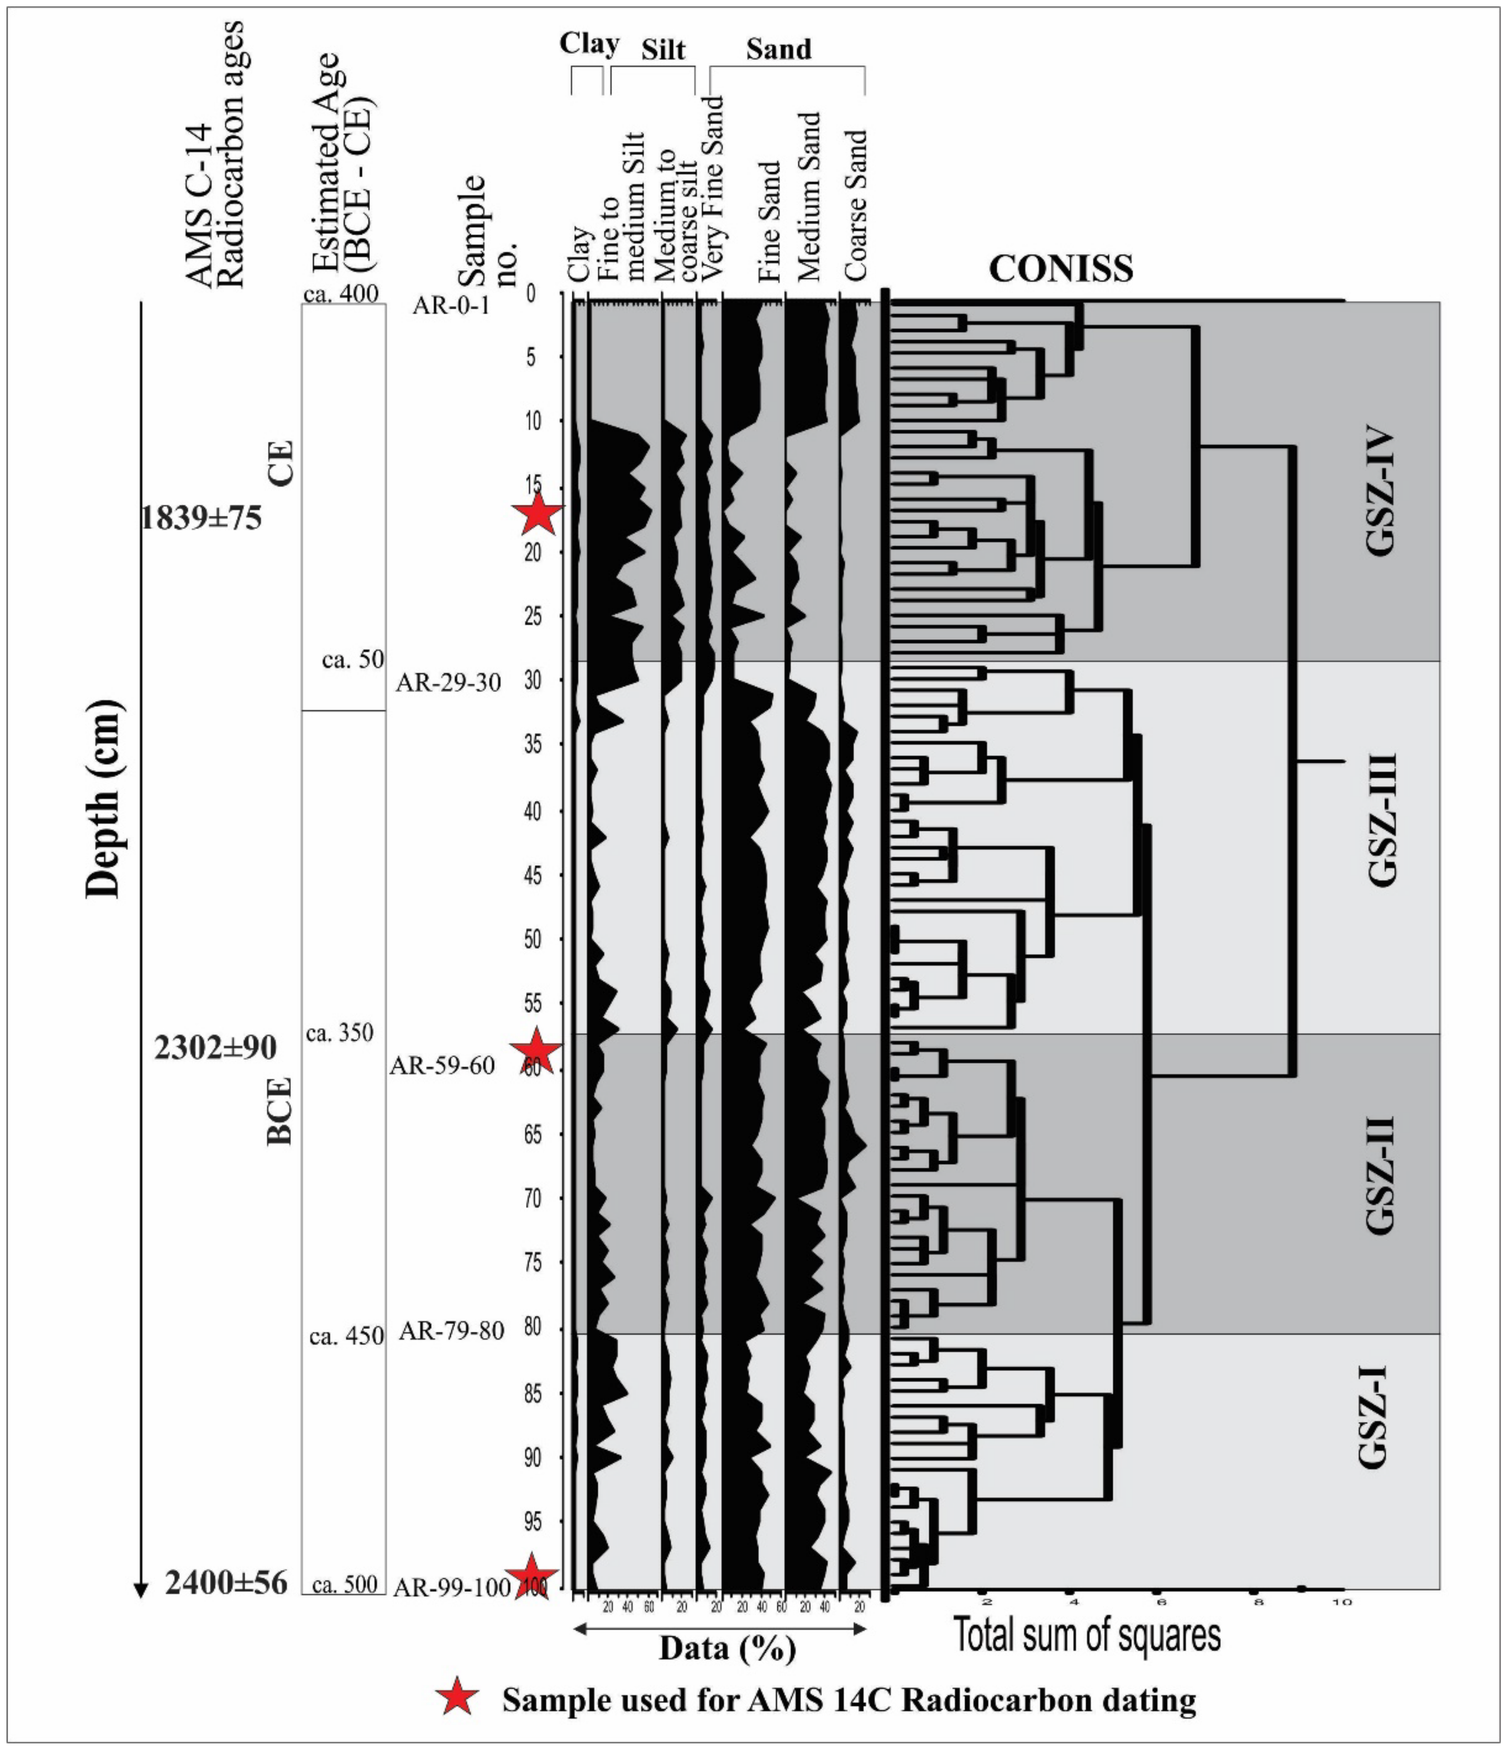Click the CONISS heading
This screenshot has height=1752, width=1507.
coord(1060,269)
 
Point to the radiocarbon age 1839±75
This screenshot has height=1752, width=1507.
coord(201,517)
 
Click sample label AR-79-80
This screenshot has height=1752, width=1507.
coord(452,1331)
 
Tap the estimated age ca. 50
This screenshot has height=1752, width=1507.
coord(353,660)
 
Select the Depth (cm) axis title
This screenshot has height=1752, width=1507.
coord(104,799)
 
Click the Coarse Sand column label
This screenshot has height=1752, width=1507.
coord(856,205)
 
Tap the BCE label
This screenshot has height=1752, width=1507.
coord(279,1110)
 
